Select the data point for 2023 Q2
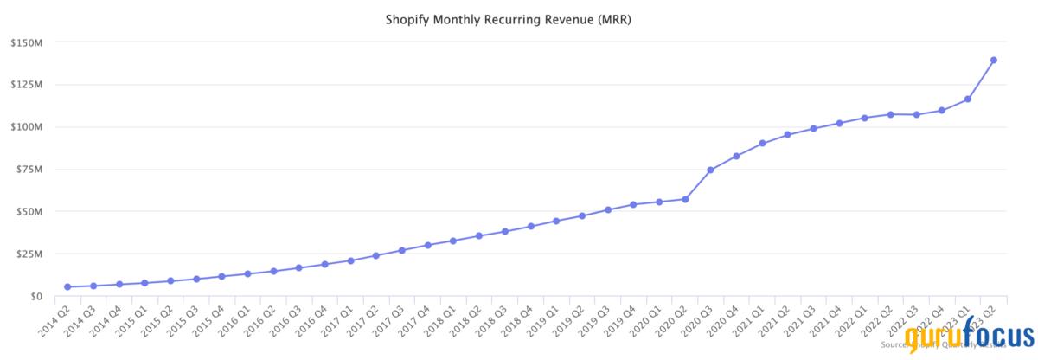pos(994,60)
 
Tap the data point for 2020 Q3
pos(710,170)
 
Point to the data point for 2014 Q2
pos(67,286)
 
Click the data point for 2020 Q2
pos(685,199)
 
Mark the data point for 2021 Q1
pos(762,144)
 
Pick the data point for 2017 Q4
pos(428,245)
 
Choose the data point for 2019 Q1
pos(556,221)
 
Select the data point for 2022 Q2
pos(891,114)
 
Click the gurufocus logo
pos(969,337)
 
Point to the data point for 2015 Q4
pos(221,276)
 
